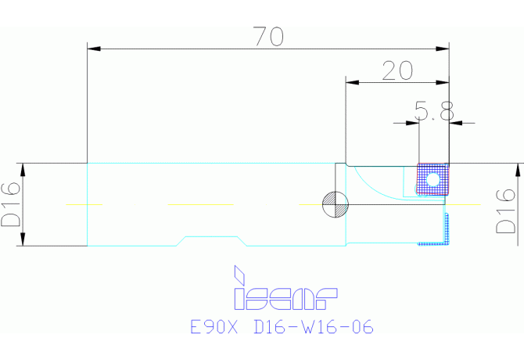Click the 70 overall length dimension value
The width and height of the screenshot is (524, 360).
click(269, 36)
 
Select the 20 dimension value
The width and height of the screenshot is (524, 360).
click(397, 70)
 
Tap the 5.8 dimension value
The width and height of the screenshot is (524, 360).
click(434, 110)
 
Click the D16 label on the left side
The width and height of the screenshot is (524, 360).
click(11, 204)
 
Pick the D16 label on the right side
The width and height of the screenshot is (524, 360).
click(505, 211)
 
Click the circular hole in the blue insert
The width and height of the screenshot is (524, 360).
click(432, 180)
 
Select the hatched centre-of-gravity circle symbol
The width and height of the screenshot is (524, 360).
click(336, 204)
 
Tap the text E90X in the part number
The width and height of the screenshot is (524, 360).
click(214, 326)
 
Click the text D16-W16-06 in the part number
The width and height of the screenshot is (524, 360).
click(314, 326)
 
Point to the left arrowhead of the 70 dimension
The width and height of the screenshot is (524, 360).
click(94, 49)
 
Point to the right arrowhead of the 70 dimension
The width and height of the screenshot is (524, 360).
click(443, 49)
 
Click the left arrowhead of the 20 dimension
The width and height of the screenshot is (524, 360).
click(352, 82)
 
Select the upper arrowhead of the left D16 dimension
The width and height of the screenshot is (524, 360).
click(23, 170)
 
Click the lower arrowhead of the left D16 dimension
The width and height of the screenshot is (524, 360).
click(23, 239)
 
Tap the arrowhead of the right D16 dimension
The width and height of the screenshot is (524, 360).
click(518, 170)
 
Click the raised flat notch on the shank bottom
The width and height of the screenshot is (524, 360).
click(211, 237)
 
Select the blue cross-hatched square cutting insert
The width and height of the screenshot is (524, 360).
click(432, 179)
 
